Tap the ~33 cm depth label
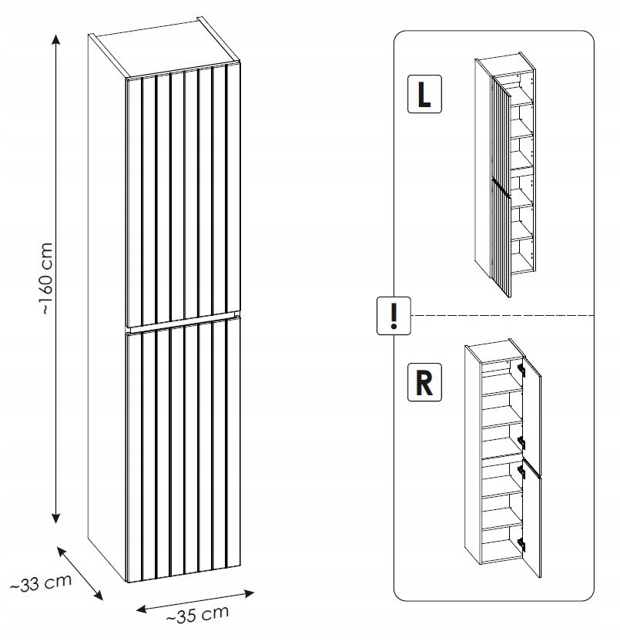41,583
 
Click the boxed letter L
424,94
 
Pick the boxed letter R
424,382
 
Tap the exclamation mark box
394,316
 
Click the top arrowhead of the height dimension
56,39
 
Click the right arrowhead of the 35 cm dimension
249,592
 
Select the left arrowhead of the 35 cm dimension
142,609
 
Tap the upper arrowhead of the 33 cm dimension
62,551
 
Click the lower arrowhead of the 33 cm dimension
98,595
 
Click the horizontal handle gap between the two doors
182,322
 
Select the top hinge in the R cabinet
521,368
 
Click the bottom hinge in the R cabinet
521,543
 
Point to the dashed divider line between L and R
502,316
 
